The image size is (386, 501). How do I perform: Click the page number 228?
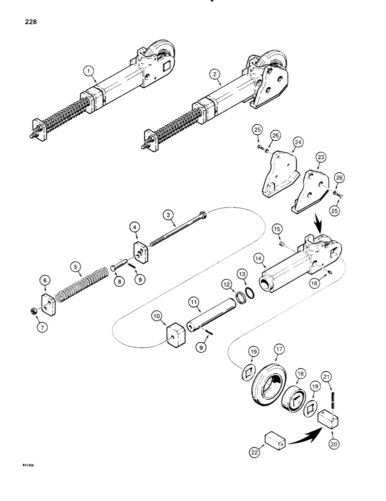pyautogui.click(x=28, y=23)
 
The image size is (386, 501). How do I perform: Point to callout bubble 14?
pyautogui.click(x=258, y=259)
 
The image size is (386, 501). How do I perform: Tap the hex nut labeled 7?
pyautogui.click(x=30, y=312)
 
